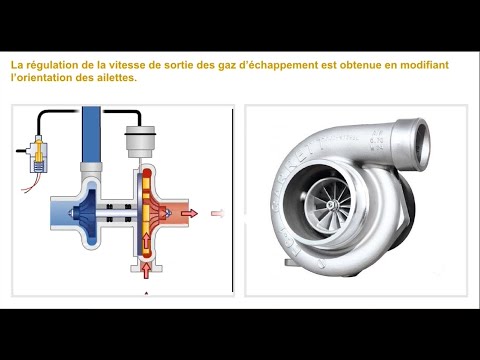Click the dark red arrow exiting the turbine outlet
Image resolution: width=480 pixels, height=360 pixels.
click(x=192, y=212)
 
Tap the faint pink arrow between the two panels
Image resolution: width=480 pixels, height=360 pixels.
click(x=219, y=212)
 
